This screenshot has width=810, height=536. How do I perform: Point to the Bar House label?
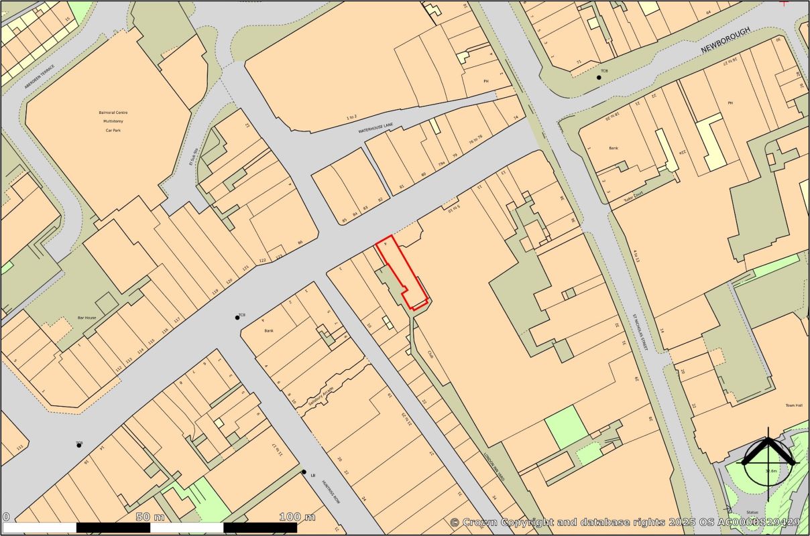87,319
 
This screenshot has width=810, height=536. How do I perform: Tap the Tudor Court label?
632,190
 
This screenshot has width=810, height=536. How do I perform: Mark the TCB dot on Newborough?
599,78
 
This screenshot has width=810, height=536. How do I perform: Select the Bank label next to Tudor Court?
613,148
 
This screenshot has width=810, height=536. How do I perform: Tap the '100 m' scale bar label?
297,517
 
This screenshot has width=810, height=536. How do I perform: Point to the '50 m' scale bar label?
150,517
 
